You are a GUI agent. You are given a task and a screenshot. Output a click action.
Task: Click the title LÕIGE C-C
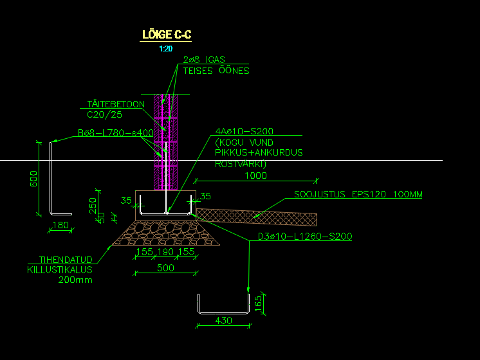(166, 35)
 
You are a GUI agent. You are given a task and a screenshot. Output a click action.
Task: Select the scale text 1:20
(166, 48)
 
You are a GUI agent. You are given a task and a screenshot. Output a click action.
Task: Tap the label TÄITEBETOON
(116, 104)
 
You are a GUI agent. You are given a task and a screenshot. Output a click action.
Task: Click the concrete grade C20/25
(104, 115)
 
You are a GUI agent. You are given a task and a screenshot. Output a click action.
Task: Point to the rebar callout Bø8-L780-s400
(115, 133)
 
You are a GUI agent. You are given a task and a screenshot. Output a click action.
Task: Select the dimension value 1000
(256, 175)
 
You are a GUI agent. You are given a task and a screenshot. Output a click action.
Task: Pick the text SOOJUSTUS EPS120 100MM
(358, 194)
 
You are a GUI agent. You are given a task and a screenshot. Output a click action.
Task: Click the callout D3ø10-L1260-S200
(304, 237)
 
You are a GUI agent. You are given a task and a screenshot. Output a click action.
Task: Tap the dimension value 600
(34, 178)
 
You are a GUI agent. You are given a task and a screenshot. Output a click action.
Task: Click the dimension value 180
(59, 225)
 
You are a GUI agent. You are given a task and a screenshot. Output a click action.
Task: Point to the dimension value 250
(92, 205)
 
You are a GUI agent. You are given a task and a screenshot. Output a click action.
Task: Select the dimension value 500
(165, 267)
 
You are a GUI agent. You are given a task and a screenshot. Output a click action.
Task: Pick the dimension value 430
(223, 320)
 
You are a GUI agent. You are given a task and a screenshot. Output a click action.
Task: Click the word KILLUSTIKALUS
(60, 269)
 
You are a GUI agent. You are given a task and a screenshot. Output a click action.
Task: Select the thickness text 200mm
(76, 280)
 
